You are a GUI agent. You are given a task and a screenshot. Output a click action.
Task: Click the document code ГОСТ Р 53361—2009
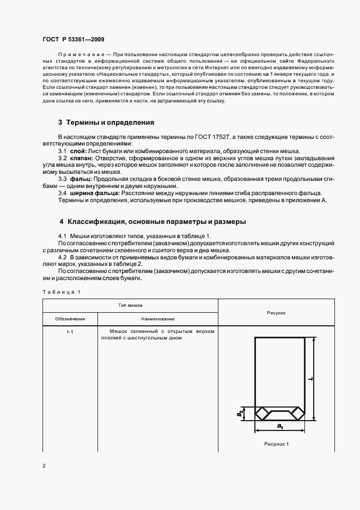[x=73, y=39]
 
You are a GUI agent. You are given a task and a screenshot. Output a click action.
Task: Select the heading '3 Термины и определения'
[x=106, y=123]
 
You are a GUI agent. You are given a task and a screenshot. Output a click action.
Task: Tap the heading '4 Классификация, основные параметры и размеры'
[x=152, y=222]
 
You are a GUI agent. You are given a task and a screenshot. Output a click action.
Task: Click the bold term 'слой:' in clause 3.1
[x=77, y=151]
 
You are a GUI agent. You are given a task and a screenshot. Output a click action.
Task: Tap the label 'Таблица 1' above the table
[x=61, y=292]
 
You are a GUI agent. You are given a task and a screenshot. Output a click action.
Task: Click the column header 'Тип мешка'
[x=130, y=306]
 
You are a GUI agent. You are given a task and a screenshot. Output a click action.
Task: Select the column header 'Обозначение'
[x=70, y=319]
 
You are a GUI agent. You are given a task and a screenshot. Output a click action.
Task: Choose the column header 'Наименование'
[x=157, y=319]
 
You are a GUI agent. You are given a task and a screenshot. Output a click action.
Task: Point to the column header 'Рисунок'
[x=276, y=313]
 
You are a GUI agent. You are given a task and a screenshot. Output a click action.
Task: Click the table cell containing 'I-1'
[x=70, y=331]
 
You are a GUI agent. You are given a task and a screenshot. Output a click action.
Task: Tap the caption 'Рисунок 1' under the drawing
[x=276, y=444]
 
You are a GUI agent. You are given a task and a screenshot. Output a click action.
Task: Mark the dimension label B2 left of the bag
[x=240, y=414]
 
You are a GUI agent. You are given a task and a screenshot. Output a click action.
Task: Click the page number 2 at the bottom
[x=44, y=466]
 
